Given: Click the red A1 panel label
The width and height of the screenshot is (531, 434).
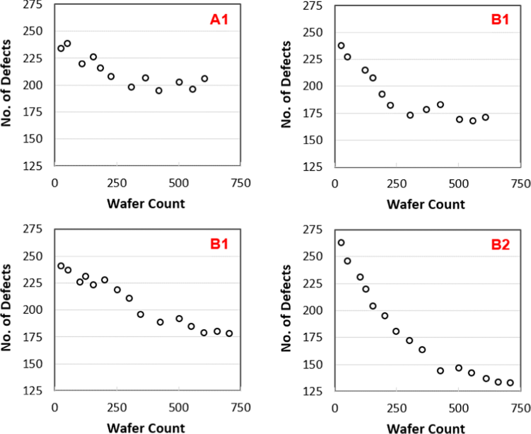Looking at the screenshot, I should pos(219,19).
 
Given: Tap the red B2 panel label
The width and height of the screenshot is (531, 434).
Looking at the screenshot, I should pos(500,244).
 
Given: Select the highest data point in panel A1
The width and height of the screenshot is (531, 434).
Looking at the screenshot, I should pos(67,43).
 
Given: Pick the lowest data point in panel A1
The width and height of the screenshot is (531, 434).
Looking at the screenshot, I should pos(159,91).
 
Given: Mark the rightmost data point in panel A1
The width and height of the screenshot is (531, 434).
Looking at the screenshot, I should pos(204,79).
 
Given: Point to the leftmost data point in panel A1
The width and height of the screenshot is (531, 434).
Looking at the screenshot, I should pos(61,49).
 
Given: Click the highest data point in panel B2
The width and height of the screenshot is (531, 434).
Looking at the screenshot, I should pos(341,243).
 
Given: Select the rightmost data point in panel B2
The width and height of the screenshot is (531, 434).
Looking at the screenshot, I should pos(510,383).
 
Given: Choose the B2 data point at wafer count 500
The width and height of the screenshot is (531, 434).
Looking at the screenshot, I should pos(459,368).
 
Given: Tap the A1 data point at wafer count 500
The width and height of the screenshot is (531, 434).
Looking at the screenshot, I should pos(179,82).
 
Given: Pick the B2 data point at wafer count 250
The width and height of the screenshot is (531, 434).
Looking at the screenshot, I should pos(396,332).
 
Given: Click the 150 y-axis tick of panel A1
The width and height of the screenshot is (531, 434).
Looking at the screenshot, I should pos(33,139).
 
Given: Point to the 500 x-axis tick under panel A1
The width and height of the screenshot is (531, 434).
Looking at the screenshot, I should pos(178,183).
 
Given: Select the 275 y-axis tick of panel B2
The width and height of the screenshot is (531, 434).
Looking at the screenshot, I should pos(312,230).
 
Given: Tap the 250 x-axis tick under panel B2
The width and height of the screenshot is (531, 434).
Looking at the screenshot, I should pos(397,408).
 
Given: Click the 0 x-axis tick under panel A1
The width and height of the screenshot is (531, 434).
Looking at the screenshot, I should pos(55,183).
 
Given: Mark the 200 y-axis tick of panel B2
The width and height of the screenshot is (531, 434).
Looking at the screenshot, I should pos(312,310).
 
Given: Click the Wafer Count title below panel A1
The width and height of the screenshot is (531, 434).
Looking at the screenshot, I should pos(146,204).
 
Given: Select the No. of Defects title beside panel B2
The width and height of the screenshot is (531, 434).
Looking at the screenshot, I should pos(286,308).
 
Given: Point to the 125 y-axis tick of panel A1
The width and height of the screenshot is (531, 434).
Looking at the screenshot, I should pos(33,166).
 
